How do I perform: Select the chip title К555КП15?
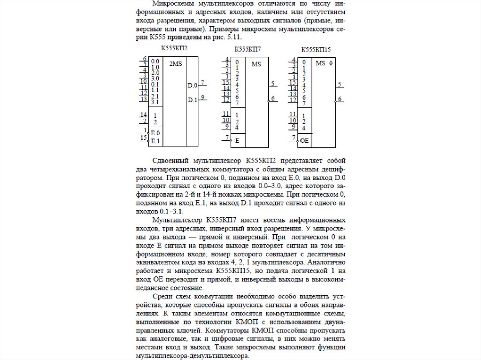[316, 49]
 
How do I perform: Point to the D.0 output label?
[193, 85]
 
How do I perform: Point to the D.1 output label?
[193, 100]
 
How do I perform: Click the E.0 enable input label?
[155, 133]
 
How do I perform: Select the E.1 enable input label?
[155, 141]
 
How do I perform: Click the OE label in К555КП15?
[304, 140]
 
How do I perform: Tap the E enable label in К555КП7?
[237, 140]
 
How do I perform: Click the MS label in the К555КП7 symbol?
[256, 64]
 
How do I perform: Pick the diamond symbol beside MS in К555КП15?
[331, 63]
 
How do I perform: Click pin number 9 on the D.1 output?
[202, 97]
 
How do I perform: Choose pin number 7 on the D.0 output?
[202, 83]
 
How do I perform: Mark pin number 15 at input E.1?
[143, 138]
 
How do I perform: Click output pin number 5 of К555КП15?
[339, 84]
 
